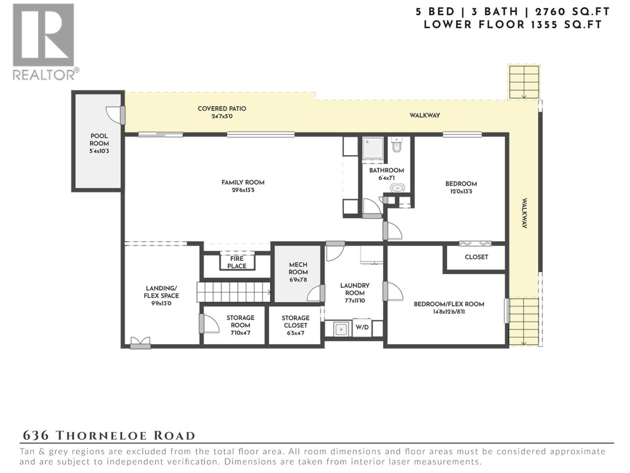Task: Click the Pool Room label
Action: pos(99,140)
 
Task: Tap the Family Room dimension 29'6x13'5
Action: pos(243,190)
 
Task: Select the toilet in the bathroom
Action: pos(397,145)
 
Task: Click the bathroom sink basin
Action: pos(398,188)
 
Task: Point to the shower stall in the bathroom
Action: pos(373,148)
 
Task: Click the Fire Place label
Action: pos(237,262)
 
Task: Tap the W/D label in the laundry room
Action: pos(362,328)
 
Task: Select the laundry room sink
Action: pos(341,329)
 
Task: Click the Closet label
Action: pos(476,257)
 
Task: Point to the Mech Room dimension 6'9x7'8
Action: pos(298,280)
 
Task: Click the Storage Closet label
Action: pos(296,322)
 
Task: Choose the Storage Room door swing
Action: pos(209,324)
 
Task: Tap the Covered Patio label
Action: pos(222,108)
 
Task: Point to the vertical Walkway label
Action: pos(524,213)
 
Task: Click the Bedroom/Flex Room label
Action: pos(449,304)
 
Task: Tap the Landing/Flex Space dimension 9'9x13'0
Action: pos(161,303)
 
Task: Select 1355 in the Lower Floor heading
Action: pos(544,25)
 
